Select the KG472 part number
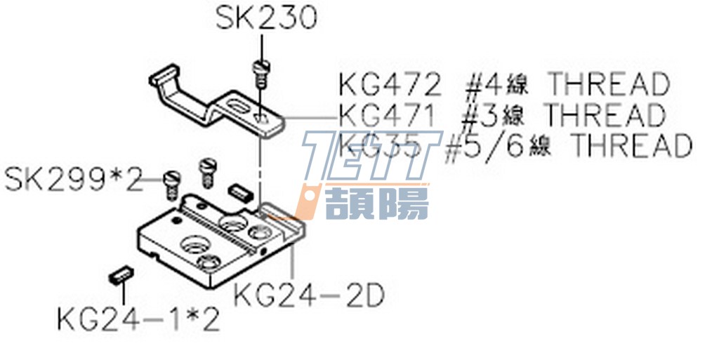pos(390,86)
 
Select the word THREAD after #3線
pos(605,114)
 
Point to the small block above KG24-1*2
pos(120,274)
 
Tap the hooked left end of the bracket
pos(163,77)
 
